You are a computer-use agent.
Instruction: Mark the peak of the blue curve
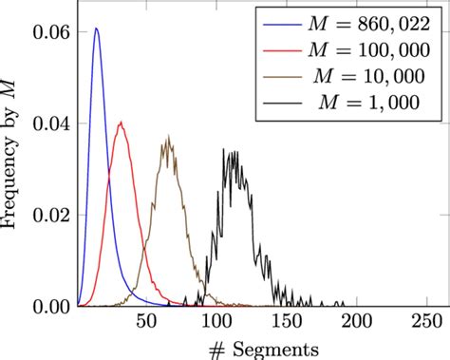96,28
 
